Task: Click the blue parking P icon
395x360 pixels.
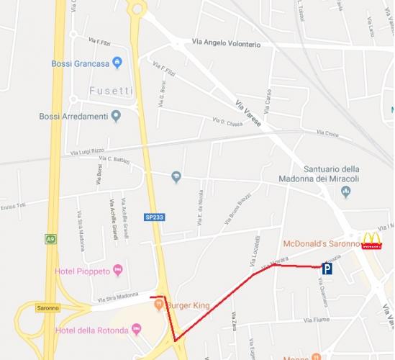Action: pos(327,270)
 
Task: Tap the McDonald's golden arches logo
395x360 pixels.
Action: pos(371,241)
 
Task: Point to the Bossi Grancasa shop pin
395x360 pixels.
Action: pos(117,63)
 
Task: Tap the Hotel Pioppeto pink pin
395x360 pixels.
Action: pos(118,271)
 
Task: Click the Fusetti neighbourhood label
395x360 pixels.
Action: pos(111,90)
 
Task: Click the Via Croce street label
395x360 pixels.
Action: pos(327,132)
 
